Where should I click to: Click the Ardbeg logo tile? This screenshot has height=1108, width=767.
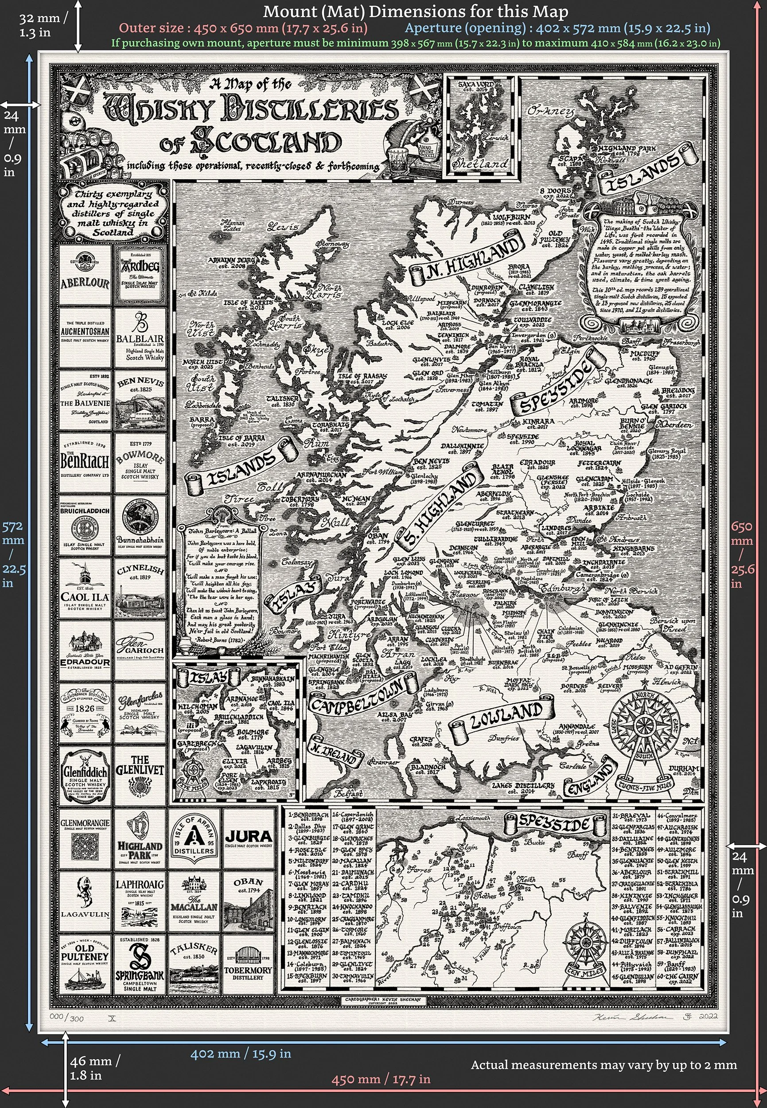[140, 274]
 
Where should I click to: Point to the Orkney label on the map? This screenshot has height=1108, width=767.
[551, 112]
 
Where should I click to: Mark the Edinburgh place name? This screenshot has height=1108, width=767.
[563, 589]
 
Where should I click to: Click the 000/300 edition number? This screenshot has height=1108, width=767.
[66, 1018]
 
